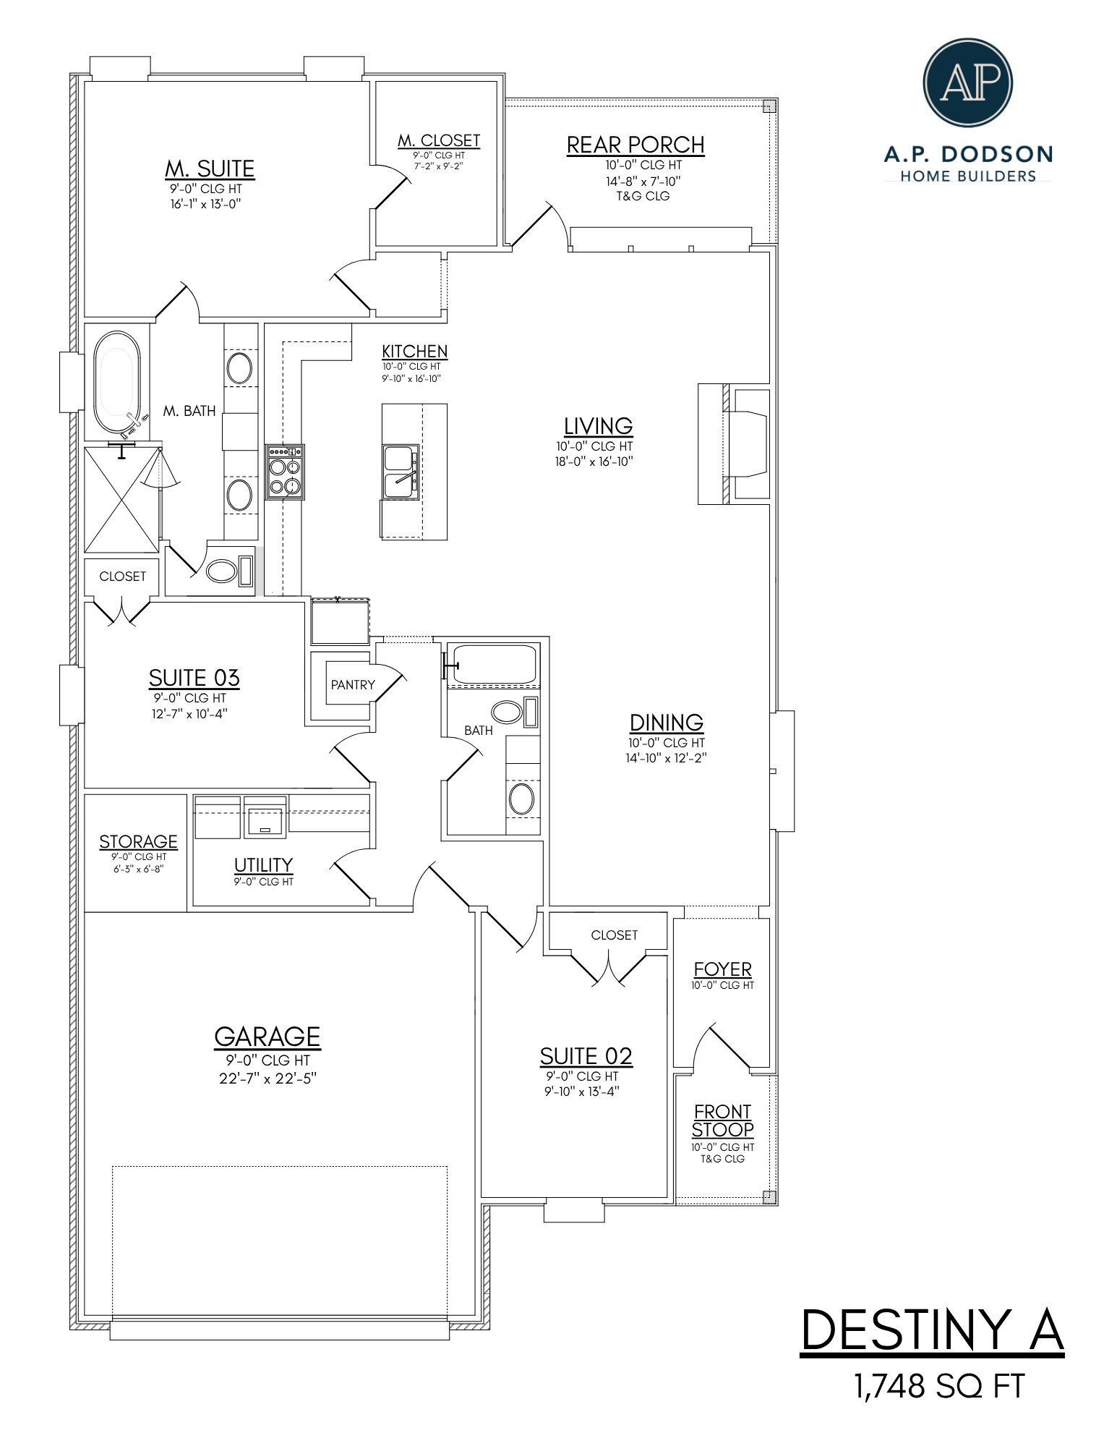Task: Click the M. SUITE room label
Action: click(x=210, y=169)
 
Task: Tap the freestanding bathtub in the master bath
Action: click(x=116, y=383)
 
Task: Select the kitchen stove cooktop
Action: click(x=284, y=472)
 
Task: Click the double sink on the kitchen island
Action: click(x=400, y=472)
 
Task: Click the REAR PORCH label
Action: click(x=635, y=145)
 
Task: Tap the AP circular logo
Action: click(x=967, y=82)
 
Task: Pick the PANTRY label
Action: click(x=353, y=685)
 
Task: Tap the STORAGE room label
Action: click(x=138, y=842)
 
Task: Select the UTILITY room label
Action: click(x=263, y=865)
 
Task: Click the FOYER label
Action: click(x=722, y=969)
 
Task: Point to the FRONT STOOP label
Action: click(x=722, y=1120)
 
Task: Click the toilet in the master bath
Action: click(x=228, y=571)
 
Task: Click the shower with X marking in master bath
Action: click(x=121, y=499)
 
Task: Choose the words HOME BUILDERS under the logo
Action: click(x=967, y=177)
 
